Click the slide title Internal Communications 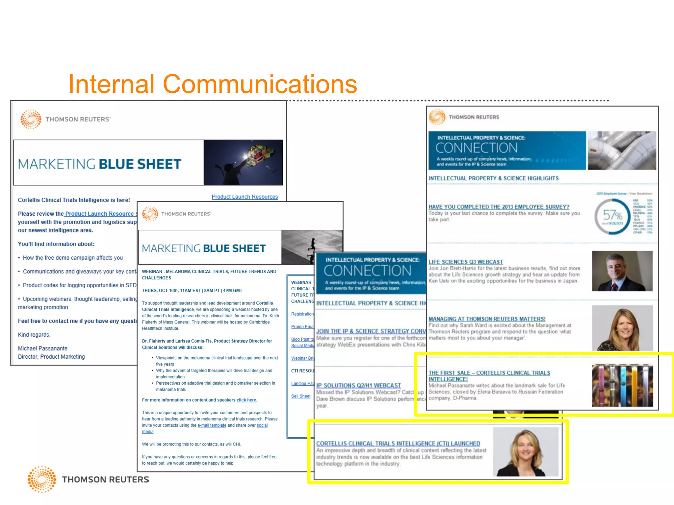point(212,84)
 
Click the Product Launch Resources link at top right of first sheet point(245,197)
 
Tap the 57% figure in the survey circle point(612,216)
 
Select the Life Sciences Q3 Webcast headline point(465,262)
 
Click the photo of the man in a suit point(622,271)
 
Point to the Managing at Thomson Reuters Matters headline point(487,319)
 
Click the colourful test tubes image point(622,385)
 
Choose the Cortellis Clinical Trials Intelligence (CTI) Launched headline point(398,444)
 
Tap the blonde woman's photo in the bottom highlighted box point(526,452)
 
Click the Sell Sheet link point(300,396)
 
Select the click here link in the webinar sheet point(246,400)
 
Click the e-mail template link point(212,425)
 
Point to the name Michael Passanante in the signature point(42,349)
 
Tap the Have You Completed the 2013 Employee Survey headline point(499,207)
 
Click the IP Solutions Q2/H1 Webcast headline point(358,385)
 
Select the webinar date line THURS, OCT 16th point(192,291)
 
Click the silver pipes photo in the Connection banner point(621,150)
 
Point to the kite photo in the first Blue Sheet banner point(243,162)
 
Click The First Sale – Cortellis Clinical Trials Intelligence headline point(489,376)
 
